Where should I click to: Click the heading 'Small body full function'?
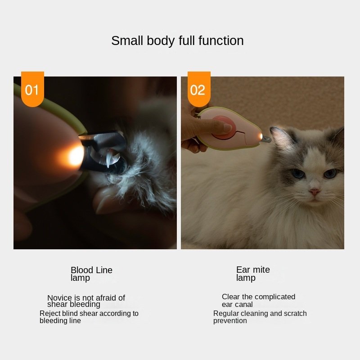point(177,41)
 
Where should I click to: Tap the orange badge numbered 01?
point(32,89)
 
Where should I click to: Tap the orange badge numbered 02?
point(199,89)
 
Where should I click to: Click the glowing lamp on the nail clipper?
point(75,156)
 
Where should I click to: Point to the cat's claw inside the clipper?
point(108,158)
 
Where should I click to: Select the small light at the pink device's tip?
point(261,137)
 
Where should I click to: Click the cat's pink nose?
point(314,192)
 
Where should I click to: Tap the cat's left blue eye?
point(298,173)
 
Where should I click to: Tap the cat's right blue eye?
point(330,173)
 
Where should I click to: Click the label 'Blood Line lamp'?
point(91,274)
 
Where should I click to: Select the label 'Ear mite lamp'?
point(253,274)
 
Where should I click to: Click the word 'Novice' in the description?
point(59,297)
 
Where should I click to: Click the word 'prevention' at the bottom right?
point(230,321)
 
